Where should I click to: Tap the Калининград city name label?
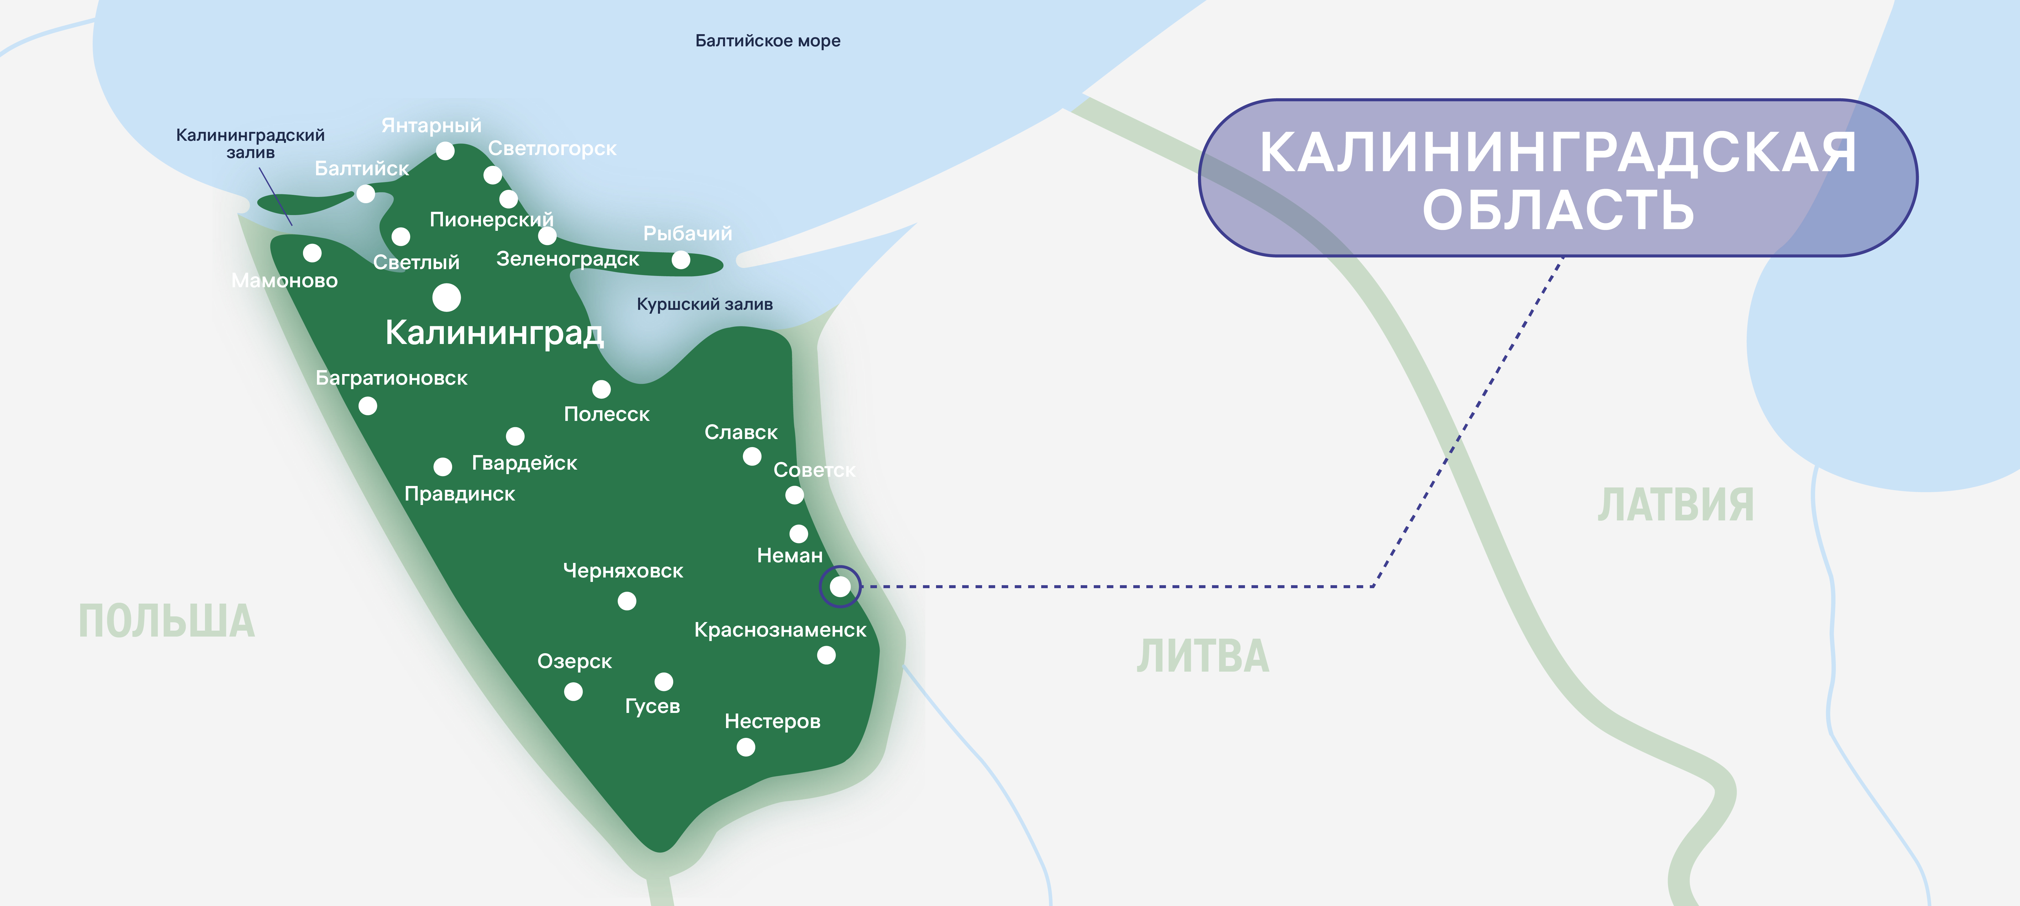coord(494,333)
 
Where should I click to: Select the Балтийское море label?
coord(768,41)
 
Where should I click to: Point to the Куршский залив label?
coord(704,304)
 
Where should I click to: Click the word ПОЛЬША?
coord(166,621)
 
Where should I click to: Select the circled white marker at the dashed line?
coord(840,586)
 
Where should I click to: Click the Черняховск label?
coord(623,571)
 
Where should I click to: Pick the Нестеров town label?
coord(772,722)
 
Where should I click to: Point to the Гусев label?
coord(652,706)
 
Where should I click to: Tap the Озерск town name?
coord(574,661)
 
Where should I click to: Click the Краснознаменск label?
coord(780,630)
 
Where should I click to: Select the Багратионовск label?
coord(391,378)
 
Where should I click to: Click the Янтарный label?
coord(431,126)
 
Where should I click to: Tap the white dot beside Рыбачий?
coord(681,260)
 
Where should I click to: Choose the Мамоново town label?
coord(285,281)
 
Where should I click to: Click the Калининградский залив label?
coord(250,143)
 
